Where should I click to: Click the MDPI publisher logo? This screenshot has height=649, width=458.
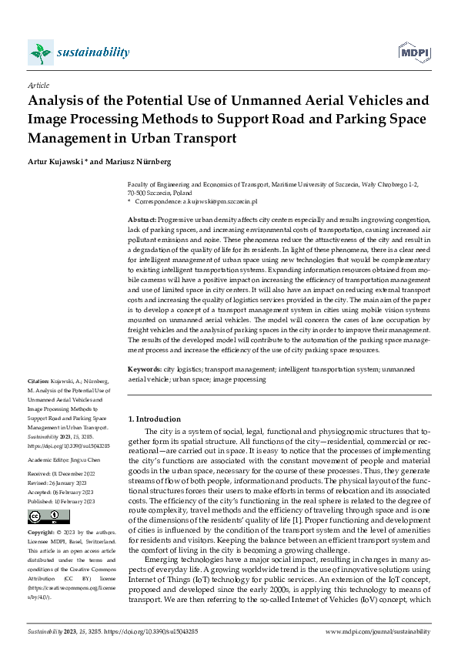point(413,52)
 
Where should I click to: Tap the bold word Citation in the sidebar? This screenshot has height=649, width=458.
point(39,382)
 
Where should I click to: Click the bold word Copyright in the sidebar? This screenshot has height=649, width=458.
point(43,511)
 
